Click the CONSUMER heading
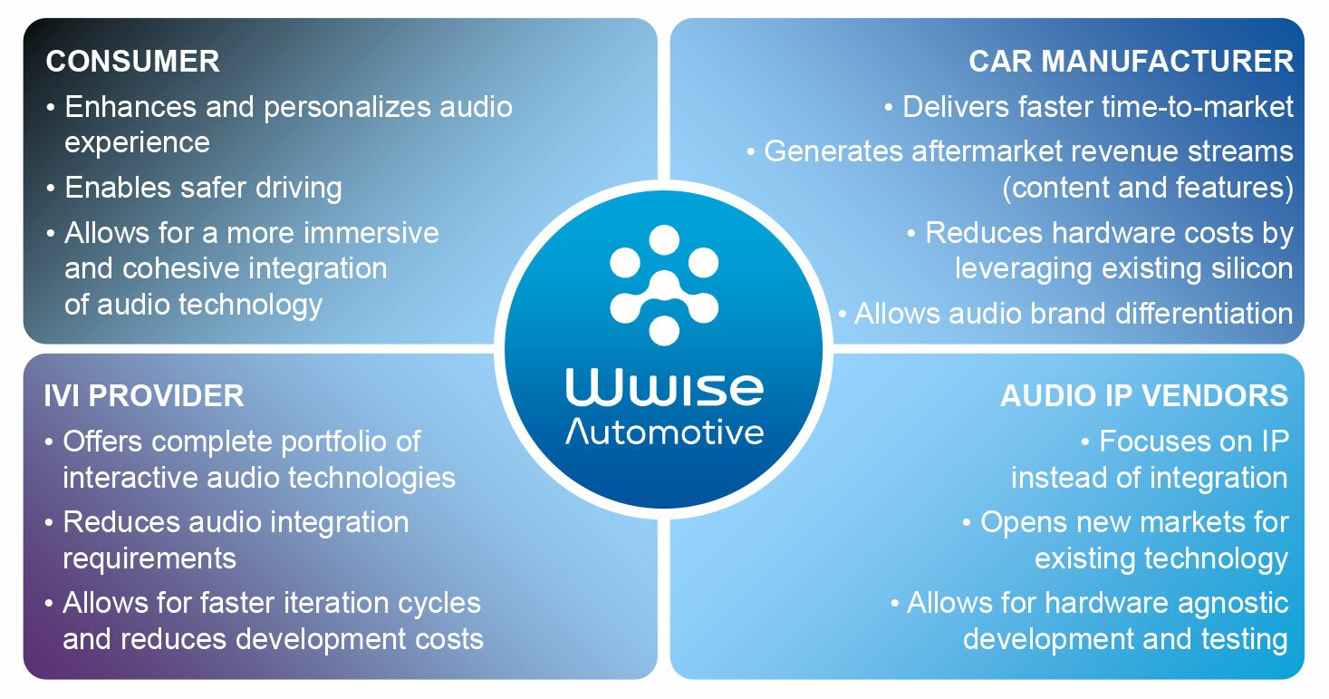[132, 61]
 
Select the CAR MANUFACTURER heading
[1131, 61]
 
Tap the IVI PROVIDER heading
[144, 395]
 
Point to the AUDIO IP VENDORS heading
[1143, 395]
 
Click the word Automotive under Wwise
[664, 432]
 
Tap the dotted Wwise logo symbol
[664, 284]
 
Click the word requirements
[149, 558]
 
